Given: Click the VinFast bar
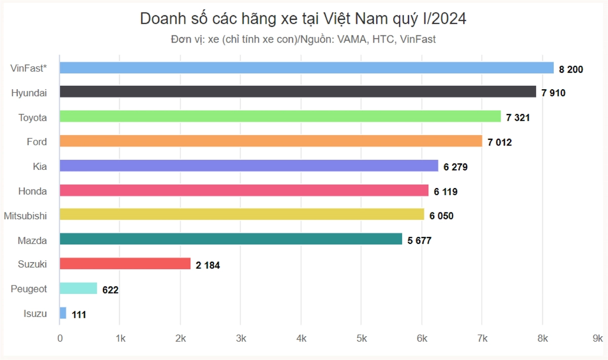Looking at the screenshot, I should pyautogui.click(x=307, y=68).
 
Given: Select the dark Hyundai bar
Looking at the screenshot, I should pyautogui.click(x=298, y=92).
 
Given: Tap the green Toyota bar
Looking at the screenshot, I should pyautogui.click(x=280, y=117).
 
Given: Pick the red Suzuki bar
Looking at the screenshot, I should pyautogui.click(x=125, y=264).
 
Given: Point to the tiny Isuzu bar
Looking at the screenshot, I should pyautogui.click(x=63, y=313).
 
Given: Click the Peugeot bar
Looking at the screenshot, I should pyautogui.click(x=79, y=289).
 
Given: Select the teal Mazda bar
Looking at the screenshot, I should pyautogui.click(x=231, y=239).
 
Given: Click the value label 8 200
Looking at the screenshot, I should pyautogui.click(x=571, y=69).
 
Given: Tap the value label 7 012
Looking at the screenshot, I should pyautogui.click(x=500, y=142).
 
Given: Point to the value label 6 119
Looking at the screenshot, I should pyautogui.click(x=445, y=192).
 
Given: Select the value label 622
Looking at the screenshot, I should pyautogui.click(x=110, y=290).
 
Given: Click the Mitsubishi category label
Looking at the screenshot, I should pyautogui.click(x=25, y=216).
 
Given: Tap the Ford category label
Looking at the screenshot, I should pyautogui.click(x=36, y=142).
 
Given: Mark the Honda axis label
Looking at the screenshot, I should pyautogui.click(x=32, y=191).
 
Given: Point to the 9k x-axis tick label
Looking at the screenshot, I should pyautogui.click(x=598, y=338).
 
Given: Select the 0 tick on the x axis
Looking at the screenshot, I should pyautogui.click(x=60, y=338).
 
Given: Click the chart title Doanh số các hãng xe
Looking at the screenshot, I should pyautogui.click(x=303, y=19).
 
